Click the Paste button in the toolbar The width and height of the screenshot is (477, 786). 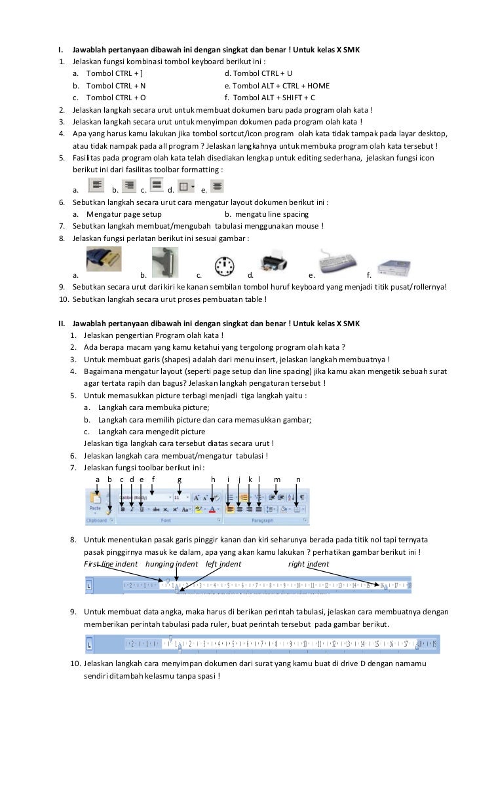(95, 503)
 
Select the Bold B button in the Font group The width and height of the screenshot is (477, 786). (123, 509)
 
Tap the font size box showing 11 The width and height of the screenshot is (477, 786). (179, 497)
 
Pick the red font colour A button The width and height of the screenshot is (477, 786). (212, 509)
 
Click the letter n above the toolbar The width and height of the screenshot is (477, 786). (298, 479)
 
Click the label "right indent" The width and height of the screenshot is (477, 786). (309, 564)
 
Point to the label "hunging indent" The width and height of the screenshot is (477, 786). (172, 564)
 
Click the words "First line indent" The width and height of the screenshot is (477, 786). (111, 564)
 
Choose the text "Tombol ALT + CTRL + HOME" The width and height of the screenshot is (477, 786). (277, 86)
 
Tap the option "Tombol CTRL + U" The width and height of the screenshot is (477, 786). (258, 73)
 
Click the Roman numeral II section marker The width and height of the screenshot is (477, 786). (60, 324)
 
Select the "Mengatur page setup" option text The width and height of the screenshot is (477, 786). (124, 214)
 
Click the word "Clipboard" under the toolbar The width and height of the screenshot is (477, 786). (98, 521)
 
